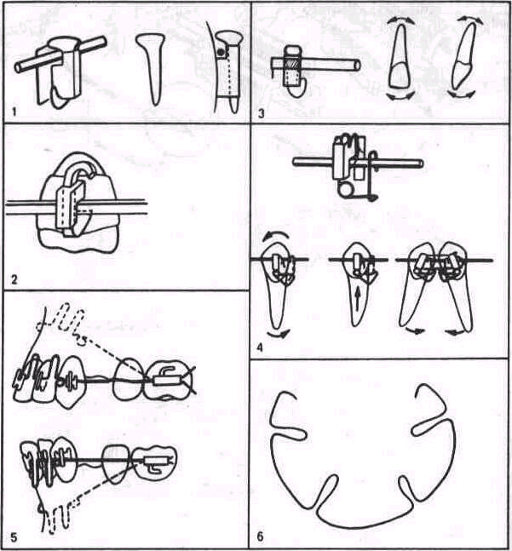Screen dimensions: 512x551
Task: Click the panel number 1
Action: coord(14,112)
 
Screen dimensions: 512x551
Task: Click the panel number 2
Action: coord(14,280)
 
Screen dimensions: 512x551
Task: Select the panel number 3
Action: coord(261,114)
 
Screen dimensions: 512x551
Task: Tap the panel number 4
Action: coord(260,348)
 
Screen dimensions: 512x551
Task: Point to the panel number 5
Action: coord(14,537)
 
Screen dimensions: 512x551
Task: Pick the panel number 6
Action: coord(261,537)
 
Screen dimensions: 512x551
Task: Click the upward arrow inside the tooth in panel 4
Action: coord(357,300)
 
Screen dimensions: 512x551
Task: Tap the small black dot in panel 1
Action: coord(221,53)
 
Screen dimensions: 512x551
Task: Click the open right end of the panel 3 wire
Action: coord(357,65)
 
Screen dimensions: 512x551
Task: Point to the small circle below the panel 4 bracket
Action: coord(343,190)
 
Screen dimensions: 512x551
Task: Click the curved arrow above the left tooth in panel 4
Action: coord(276,234)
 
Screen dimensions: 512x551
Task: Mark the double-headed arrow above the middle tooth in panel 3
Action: coord(400,20)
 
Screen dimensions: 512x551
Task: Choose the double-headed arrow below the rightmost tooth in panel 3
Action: coord(461,95)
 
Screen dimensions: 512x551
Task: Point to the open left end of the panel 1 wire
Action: coord(18,67)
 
